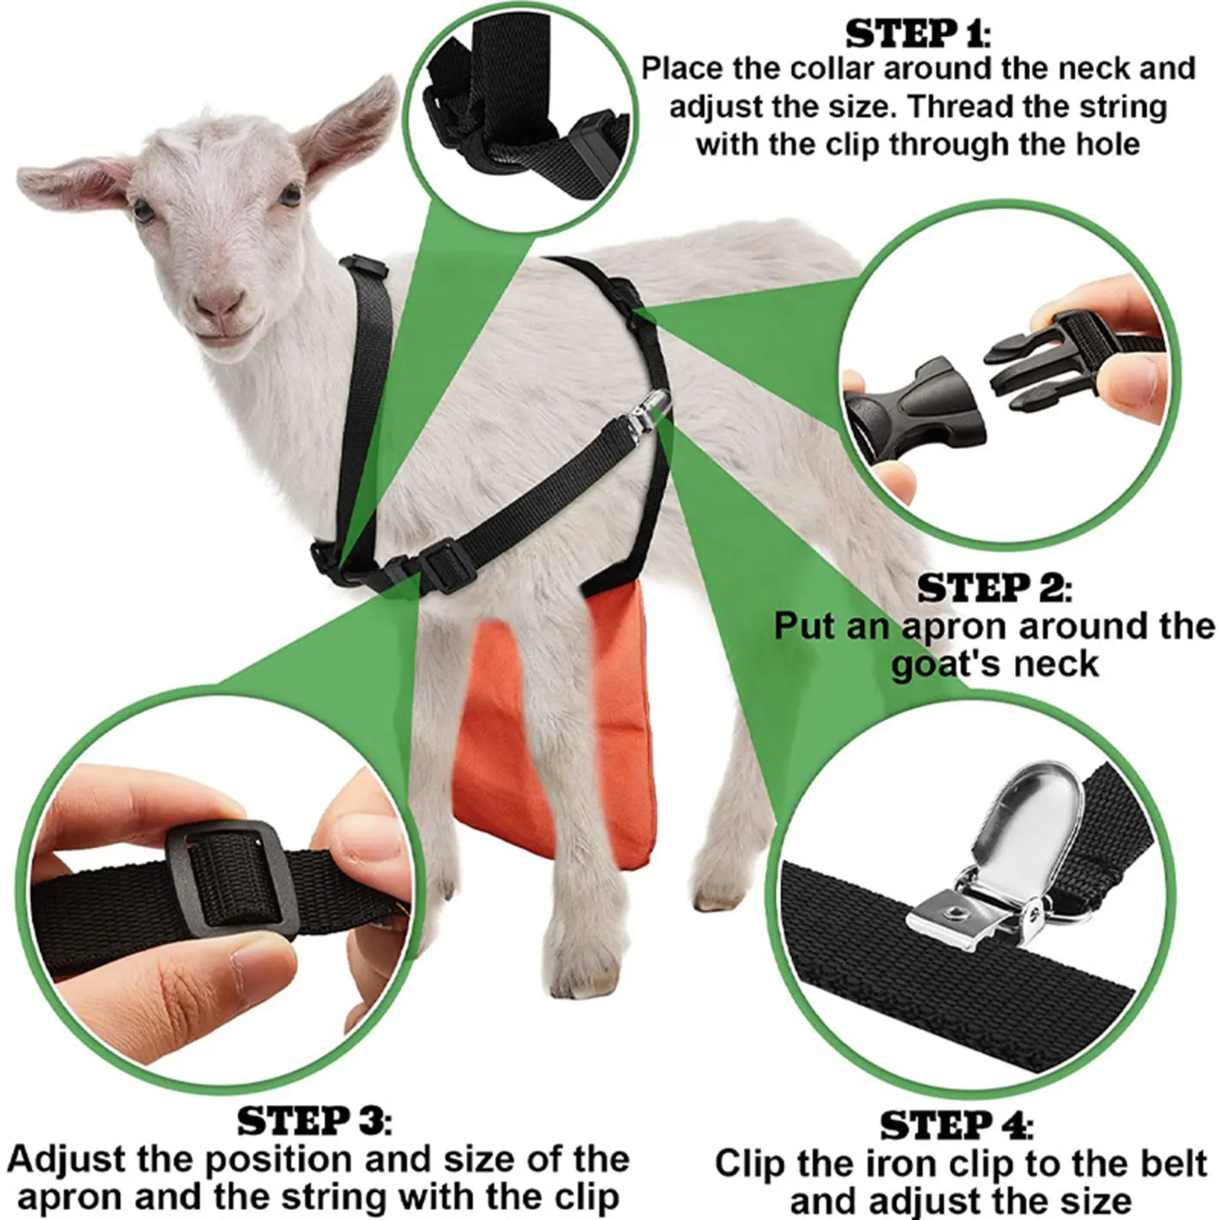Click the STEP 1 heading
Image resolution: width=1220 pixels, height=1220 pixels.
click(918, 34)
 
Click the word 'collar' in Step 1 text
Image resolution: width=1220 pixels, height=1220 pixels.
click(832, 69)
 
